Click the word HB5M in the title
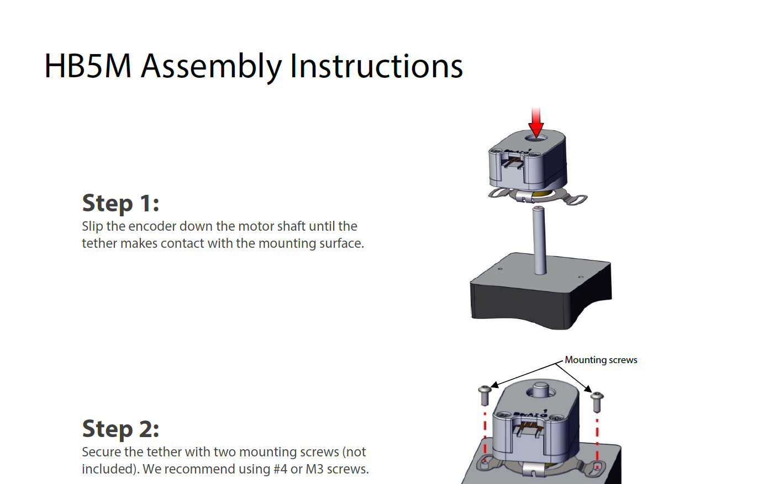click(x=88, y=66)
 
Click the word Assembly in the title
click(x=212, y=67)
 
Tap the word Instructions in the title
click(x=376, y=66)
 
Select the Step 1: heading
click(x=120, y=204)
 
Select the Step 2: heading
click(x=120, y=429)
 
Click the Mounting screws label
click(x=601, y=360)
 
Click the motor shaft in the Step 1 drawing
click(x=540, y=240)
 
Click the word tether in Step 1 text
click(x=99, y=243)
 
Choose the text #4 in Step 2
click(x=281, y=469)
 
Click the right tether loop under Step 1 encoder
click(x=577, y=200)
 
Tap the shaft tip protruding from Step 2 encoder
click(x=540, y=388)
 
